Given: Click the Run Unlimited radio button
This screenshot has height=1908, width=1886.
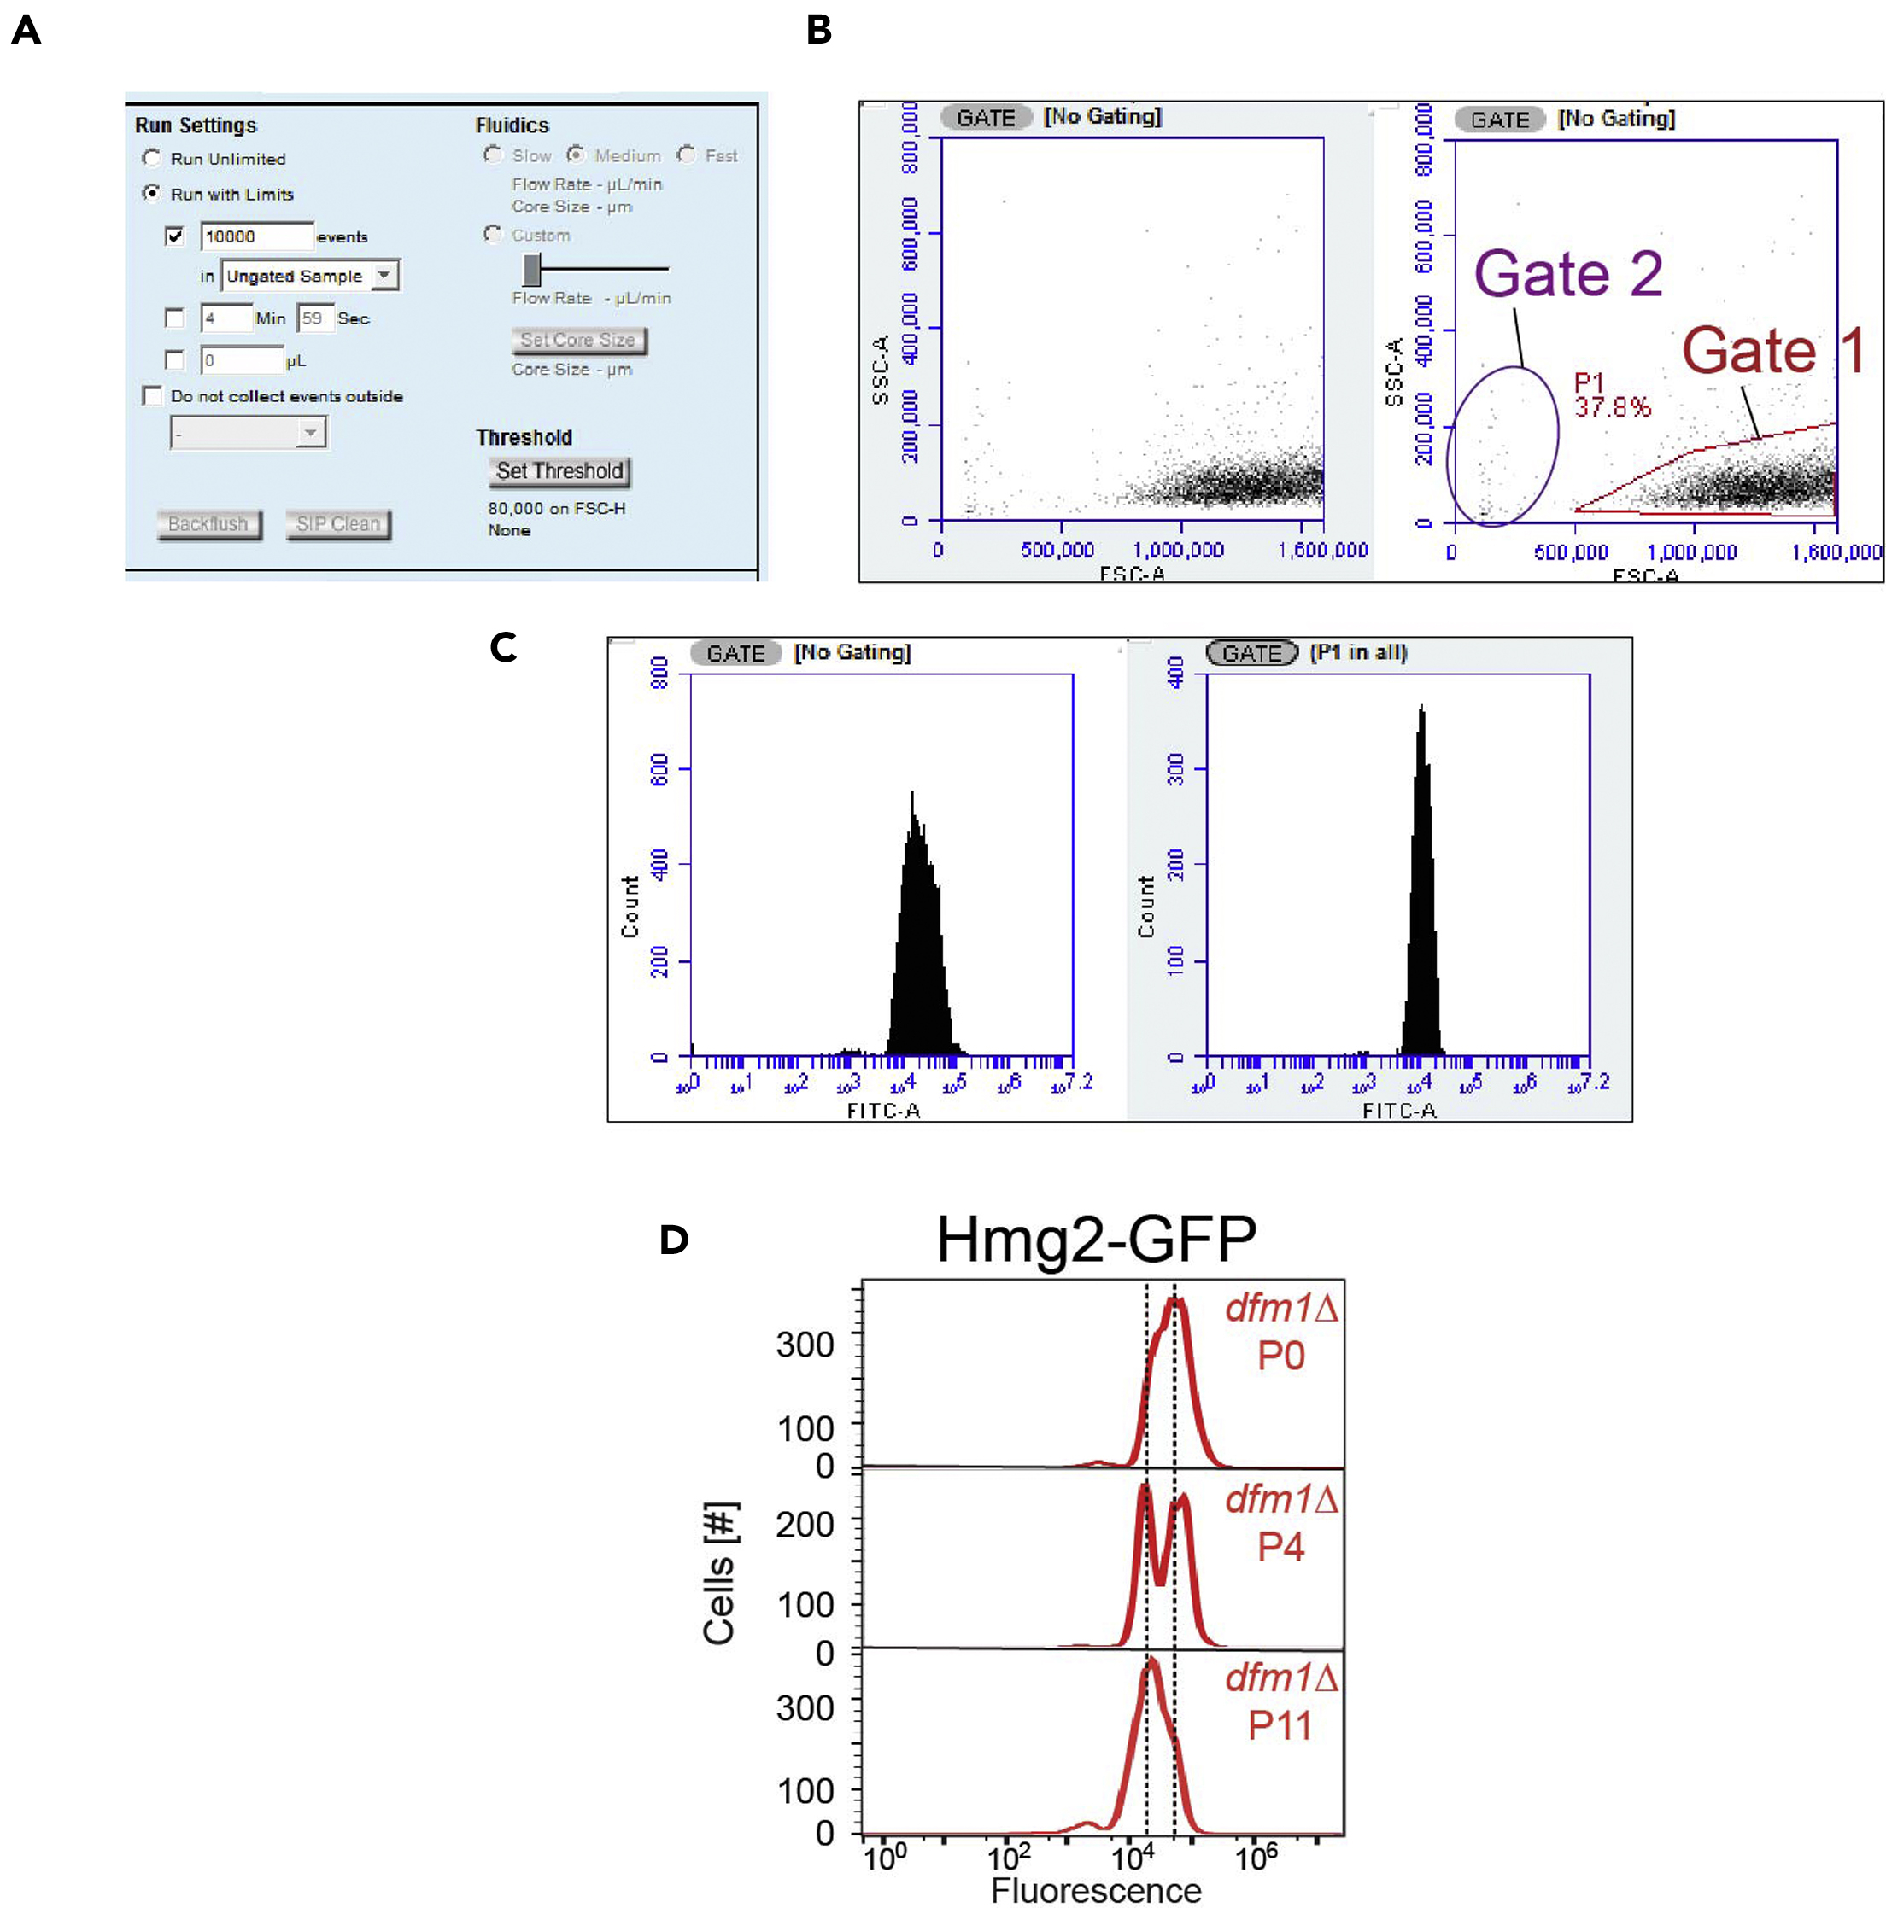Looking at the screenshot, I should click(151, 158).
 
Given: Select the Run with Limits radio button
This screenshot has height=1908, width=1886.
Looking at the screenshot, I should click(151, 194).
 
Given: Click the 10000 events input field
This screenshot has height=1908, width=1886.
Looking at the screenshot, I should click(256, 236).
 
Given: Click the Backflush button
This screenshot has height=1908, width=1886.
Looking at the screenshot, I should click(208, 524).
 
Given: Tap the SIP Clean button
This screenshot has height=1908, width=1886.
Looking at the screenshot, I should click(338, 524).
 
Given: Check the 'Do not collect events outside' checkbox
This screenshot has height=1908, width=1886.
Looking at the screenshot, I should click(152, 396).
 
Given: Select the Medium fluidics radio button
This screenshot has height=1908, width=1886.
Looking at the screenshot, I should click(576, 155).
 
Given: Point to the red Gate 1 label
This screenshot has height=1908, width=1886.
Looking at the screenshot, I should click(1773, 351).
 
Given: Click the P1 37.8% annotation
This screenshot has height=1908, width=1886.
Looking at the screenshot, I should click(1610, 395).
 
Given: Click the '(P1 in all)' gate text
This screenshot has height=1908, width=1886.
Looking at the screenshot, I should click(1357, 653).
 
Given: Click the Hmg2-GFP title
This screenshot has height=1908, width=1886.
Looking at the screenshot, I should click(1096, 1240).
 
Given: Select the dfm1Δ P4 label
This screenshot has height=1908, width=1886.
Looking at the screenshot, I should click(1280, 1523).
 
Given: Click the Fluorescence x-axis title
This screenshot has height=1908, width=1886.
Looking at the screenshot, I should click(1096, 1889).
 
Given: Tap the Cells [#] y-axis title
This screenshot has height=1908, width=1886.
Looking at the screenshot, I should click(719, 1574).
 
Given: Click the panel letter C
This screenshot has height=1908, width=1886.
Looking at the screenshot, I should click(503, 648).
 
